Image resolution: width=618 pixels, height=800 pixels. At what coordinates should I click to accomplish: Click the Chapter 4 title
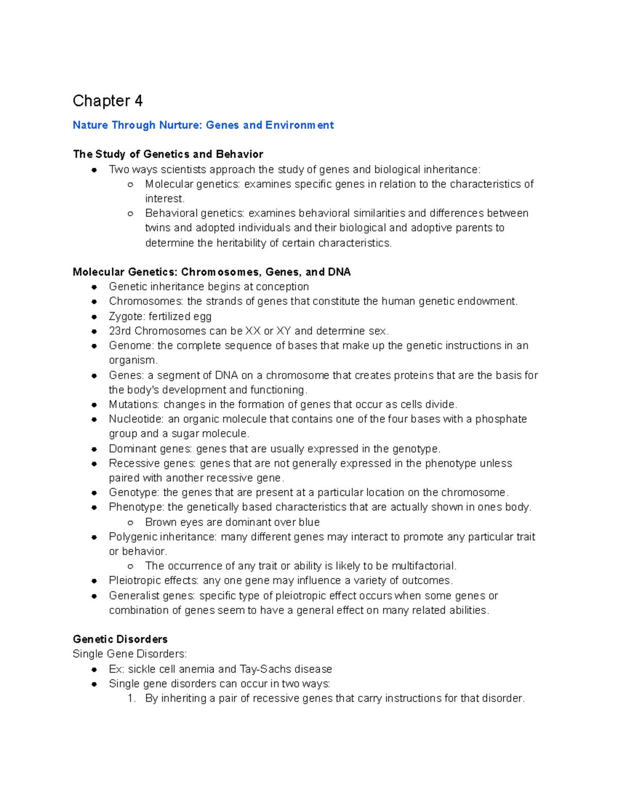point(107,100)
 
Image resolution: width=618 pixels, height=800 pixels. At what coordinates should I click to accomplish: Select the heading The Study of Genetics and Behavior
point(168,154)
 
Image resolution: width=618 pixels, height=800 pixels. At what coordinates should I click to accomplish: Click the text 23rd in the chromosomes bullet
point(119,331)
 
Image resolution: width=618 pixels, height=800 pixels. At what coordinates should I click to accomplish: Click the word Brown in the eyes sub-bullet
point(161,522)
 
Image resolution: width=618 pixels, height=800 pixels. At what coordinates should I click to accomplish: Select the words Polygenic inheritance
point(162,537)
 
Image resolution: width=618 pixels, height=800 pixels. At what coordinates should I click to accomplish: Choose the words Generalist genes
point(151,596)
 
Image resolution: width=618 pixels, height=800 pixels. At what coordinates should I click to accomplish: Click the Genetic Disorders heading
point(120,639)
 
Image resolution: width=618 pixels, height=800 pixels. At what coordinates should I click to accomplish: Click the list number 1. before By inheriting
point(132,699)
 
